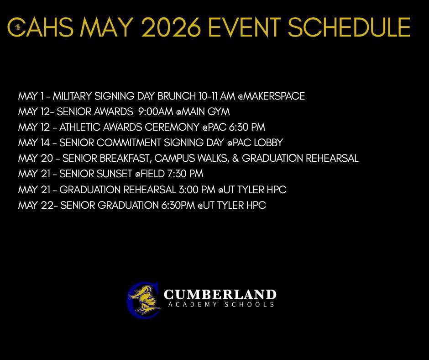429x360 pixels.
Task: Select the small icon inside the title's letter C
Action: click(18, 27)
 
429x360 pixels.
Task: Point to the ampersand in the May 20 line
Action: click(236, 158)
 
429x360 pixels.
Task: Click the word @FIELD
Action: click(150, 174)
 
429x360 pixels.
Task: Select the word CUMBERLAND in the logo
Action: click(220, 294)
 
